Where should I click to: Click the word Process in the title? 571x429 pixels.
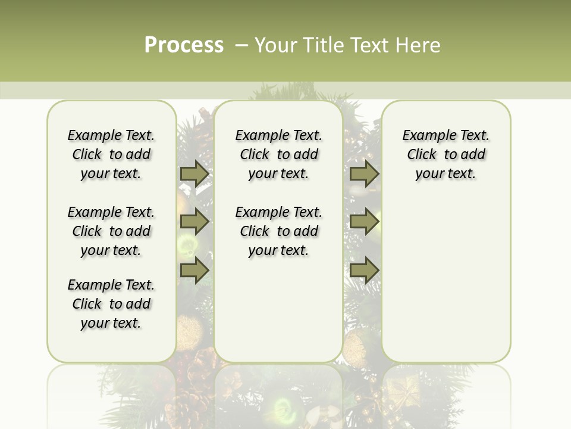pyautogui.click(x=184, y=45)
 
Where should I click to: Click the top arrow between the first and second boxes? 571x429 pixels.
pyautogui.click(x=194, y=173)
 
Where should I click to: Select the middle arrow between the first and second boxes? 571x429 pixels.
pyautogui.click(x=194, y=222)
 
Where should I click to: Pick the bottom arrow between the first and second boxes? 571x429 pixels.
pyautogui.click(x=194, y=270)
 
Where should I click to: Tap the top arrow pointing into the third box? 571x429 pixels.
pyautogui.click(x=364, y=173)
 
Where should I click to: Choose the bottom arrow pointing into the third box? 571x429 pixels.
pyautogui.click(x=364, y=270)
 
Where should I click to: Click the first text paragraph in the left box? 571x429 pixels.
pyautogui.click(x=111, y=154)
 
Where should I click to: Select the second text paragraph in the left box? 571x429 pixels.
pyautogui.click(x=111, y=231)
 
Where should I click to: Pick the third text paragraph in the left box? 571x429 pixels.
pyautogui.click(x=111, y=304)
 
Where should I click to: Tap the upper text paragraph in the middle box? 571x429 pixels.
pyautogui.click(x=278, y=154)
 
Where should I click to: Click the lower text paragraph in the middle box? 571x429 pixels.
pyautogui.click(x=278, y=231)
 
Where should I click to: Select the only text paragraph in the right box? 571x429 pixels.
pyautogui.click(x=446, y=154)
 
